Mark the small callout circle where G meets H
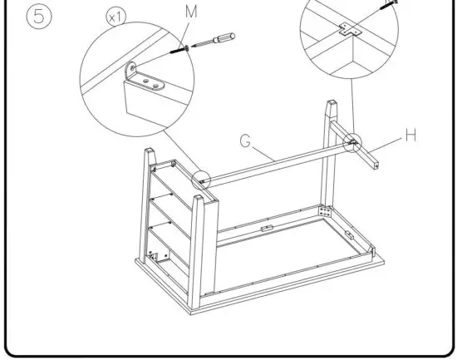pyautogui.click(x=352, y=143)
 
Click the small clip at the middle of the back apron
pyautogui.click(x=265, y=226)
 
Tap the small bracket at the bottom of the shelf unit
pyautogui.click(x=150, y=254)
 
